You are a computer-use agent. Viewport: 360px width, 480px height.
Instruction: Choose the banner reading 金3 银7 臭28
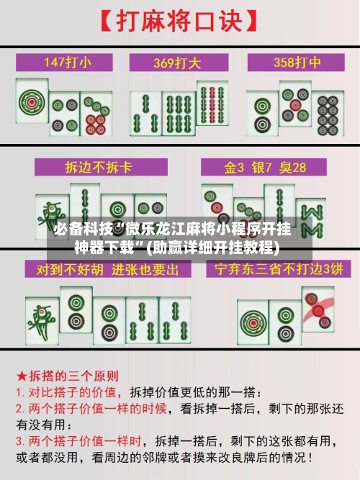point(265,168)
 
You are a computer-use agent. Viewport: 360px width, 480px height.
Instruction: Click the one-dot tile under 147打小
point(32,104)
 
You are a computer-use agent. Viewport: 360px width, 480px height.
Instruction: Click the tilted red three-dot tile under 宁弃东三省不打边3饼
point(318,309)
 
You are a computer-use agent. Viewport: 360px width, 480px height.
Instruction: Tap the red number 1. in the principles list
point(21,393)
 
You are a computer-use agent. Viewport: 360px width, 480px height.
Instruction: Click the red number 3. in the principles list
point(21,440)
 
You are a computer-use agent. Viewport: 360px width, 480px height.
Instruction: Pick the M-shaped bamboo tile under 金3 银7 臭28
point(312,215)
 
